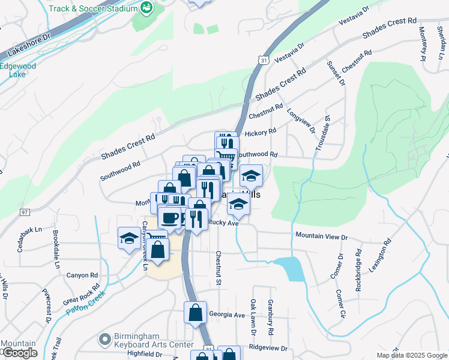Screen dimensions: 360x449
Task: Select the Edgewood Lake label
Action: [17, 70]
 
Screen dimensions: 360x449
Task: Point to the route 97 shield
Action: [24, 212]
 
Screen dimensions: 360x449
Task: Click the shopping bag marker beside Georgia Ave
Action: [196, 313]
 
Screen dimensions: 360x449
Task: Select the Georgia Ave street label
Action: [227, 314]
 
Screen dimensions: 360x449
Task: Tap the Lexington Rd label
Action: [379, 256]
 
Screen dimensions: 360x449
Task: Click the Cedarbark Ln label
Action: [29, 229]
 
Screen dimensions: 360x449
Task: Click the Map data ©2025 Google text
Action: [412, 355]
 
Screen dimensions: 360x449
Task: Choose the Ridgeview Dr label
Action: [268, 347]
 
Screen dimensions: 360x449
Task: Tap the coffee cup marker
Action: [170, 217]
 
